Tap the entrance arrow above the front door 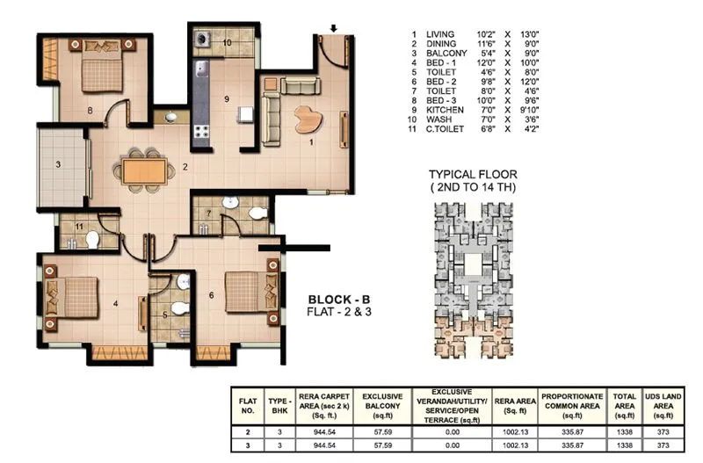tap(333, 27)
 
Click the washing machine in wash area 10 tap(204, 40)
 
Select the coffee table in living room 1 tap(309, 116)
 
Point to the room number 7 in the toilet tap(208, 213)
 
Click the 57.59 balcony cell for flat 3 tap(384, 445)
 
